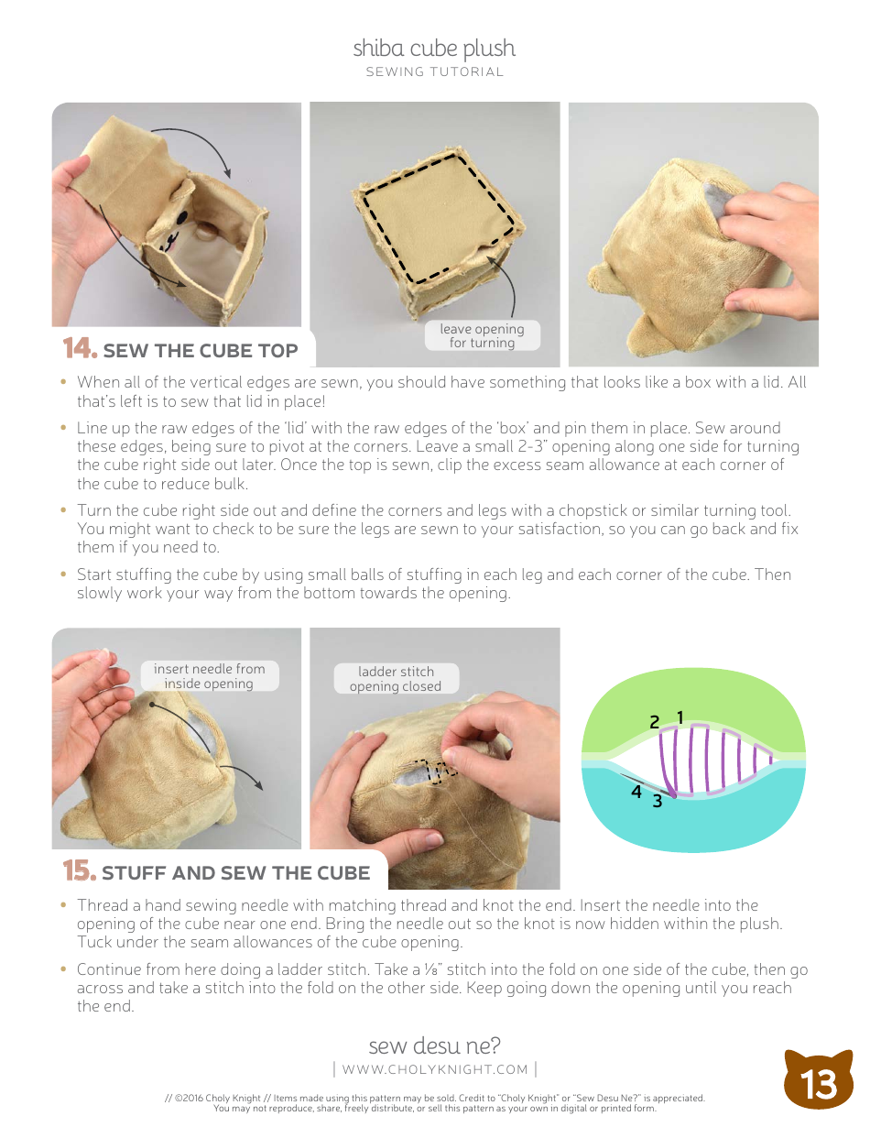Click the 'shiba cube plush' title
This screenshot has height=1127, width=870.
(434, 49)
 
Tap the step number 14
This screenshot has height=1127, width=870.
(80, 349)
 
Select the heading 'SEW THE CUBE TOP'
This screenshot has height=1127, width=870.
(201, 351)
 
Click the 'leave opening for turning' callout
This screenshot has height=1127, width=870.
(482, 335)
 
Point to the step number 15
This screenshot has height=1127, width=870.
(79, 871)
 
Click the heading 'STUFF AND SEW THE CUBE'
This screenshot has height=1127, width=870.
(235, 873)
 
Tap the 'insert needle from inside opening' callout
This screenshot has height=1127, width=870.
(209, 676)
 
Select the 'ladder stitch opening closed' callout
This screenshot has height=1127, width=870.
(396, 679)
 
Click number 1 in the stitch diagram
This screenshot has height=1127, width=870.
(680, 717)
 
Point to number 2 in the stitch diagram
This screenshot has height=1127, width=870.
(654, 723)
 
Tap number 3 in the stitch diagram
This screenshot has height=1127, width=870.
(657, 801)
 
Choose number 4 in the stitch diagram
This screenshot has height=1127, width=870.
(636, 793)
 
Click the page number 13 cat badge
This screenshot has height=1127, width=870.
(819, 1081)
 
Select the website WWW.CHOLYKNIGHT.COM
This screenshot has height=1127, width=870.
(435, 1069)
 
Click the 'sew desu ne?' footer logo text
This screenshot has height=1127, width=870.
(434, 1045)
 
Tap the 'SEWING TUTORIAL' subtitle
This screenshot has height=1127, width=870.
(434, 72)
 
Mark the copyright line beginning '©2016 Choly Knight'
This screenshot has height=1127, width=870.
(435, 1098)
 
